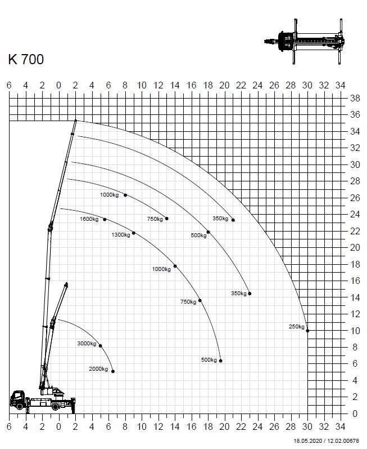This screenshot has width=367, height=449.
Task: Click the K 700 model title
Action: point(26,59)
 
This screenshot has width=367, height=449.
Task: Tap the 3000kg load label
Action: point(87,343)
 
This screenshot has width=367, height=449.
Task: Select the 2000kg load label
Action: point(98,369)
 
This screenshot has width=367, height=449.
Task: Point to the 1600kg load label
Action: point(89,219)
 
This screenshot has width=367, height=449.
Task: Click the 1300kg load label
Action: point(121,235)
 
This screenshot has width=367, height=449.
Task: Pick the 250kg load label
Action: point(297,326)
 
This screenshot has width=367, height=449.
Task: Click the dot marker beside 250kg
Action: point(307,331)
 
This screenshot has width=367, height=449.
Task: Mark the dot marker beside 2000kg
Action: point(113,371)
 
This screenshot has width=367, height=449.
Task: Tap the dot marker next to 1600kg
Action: point(105,220)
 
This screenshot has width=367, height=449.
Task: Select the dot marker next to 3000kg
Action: point(100,346)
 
